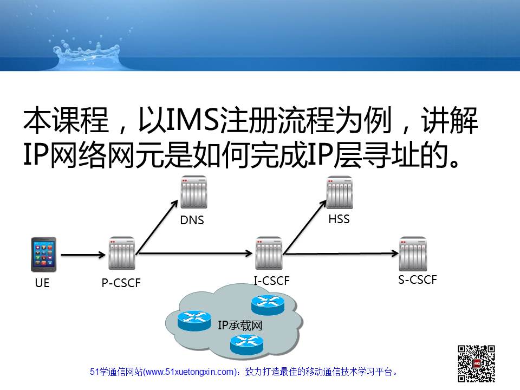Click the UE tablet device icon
click(43, 255)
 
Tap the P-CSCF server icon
click(122, 253)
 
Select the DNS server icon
click(194, 192)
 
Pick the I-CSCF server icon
click(269, 253)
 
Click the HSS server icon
click(340, 192)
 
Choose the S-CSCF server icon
click(413, 253)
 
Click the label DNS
click(192, 220)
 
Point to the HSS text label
click(339, 219)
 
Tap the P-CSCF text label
click(121, 283)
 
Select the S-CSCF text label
click(418, 280)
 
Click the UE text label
click(42, 283)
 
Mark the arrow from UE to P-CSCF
click(83, 255)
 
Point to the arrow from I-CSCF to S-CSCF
click(341, 253)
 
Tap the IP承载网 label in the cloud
click(240, 326)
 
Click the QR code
click(477, 363)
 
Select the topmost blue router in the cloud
click(268, 305)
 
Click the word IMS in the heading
click(192, 119)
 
